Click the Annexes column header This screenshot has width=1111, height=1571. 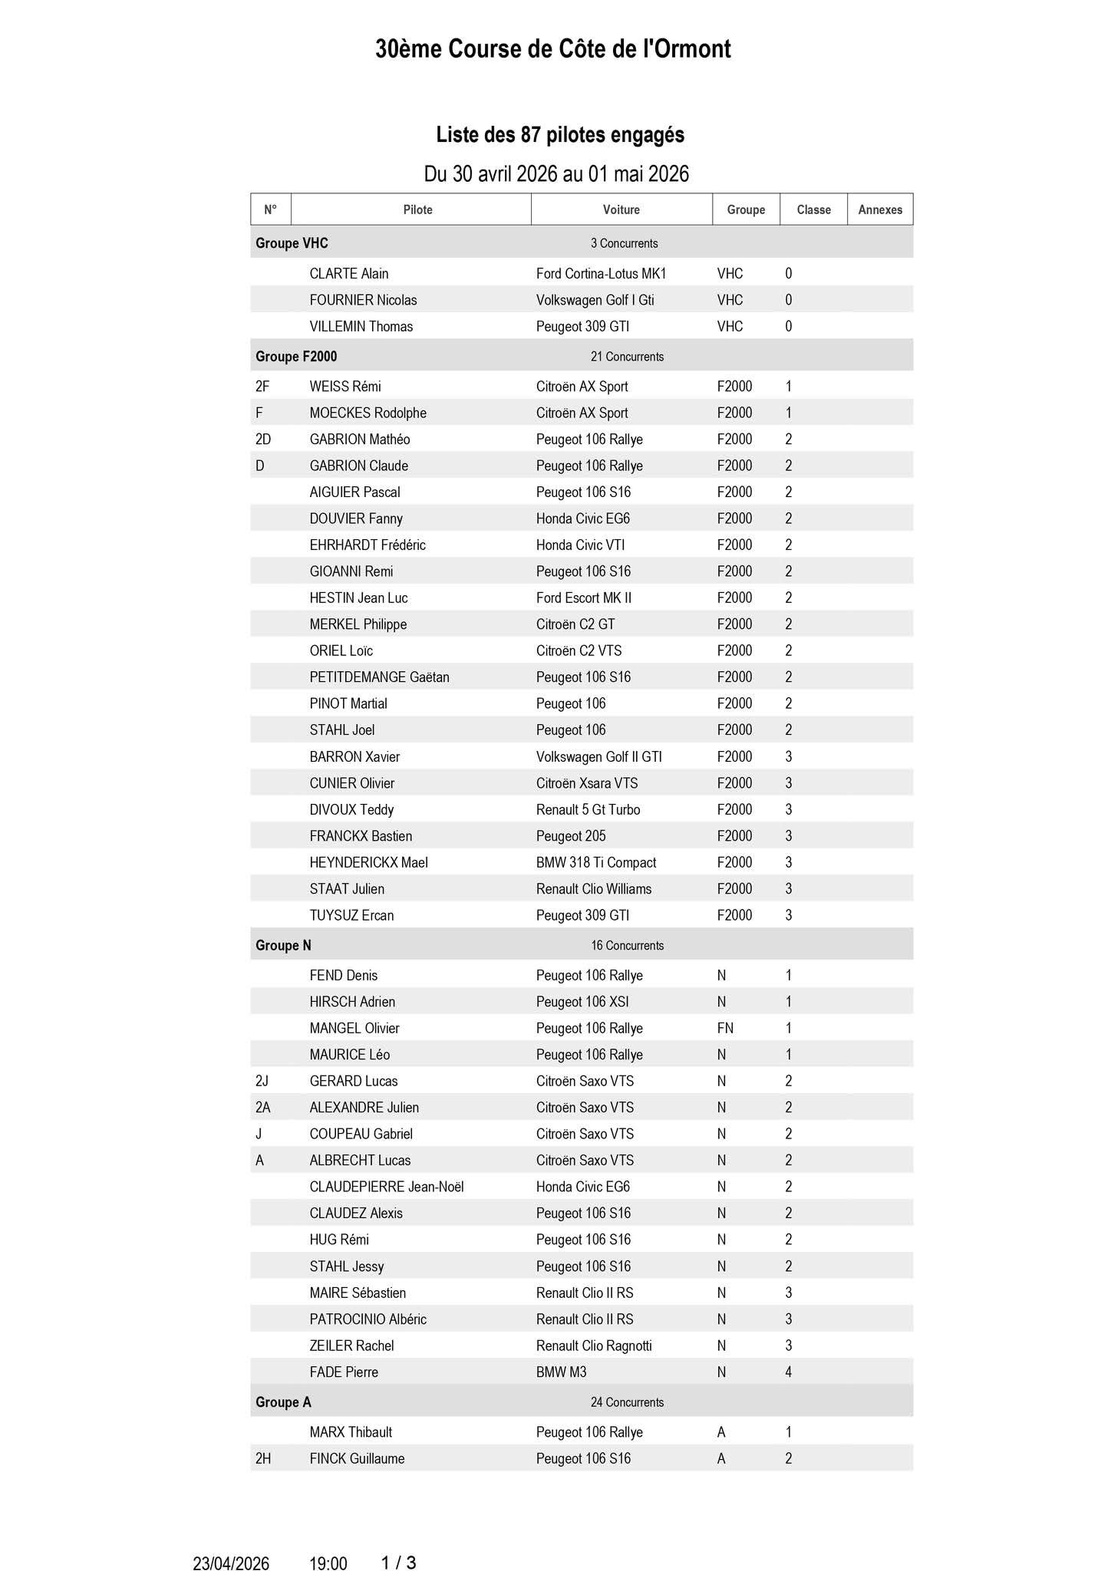879,209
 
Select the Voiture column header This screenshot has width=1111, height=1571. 621,209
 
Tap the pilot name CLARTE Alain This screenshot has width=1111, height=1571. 348,274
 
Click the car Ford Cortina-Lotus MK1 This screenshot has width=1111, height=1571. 601,274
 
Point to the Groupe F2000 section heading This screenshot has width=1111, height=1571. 296,357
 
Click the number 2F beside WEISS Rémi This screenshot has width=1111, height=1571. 263,387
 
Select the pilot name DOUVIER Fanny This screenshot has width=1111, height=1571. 356,519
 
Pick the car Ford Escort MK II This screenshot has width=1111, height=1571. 583,598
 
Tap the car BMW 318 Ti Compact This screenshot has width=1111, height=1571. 595,862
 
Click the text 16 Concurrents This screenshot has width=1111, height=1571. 627,946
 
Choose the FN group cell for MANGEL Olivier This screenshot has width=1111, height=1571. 725,1028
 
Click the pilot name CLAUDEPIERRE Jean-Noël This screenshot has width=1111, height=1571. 386,1187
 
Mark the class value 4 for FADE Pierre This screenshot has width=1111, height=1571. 788,1372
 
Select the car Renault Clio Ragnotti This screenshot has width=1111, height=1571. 594,1345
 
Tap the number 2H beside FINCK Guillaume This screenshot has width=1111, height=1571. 263,1458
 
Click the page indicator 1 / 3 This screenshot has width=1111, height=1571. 398,1541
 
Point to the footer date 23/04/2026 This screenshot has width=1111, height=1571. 231,1542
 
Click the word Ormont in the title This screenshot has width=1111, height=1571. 694,49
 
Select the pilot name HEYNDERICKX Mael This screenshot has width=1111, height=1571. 368,862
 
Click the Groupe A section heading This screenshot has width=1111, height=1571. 283,1402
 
